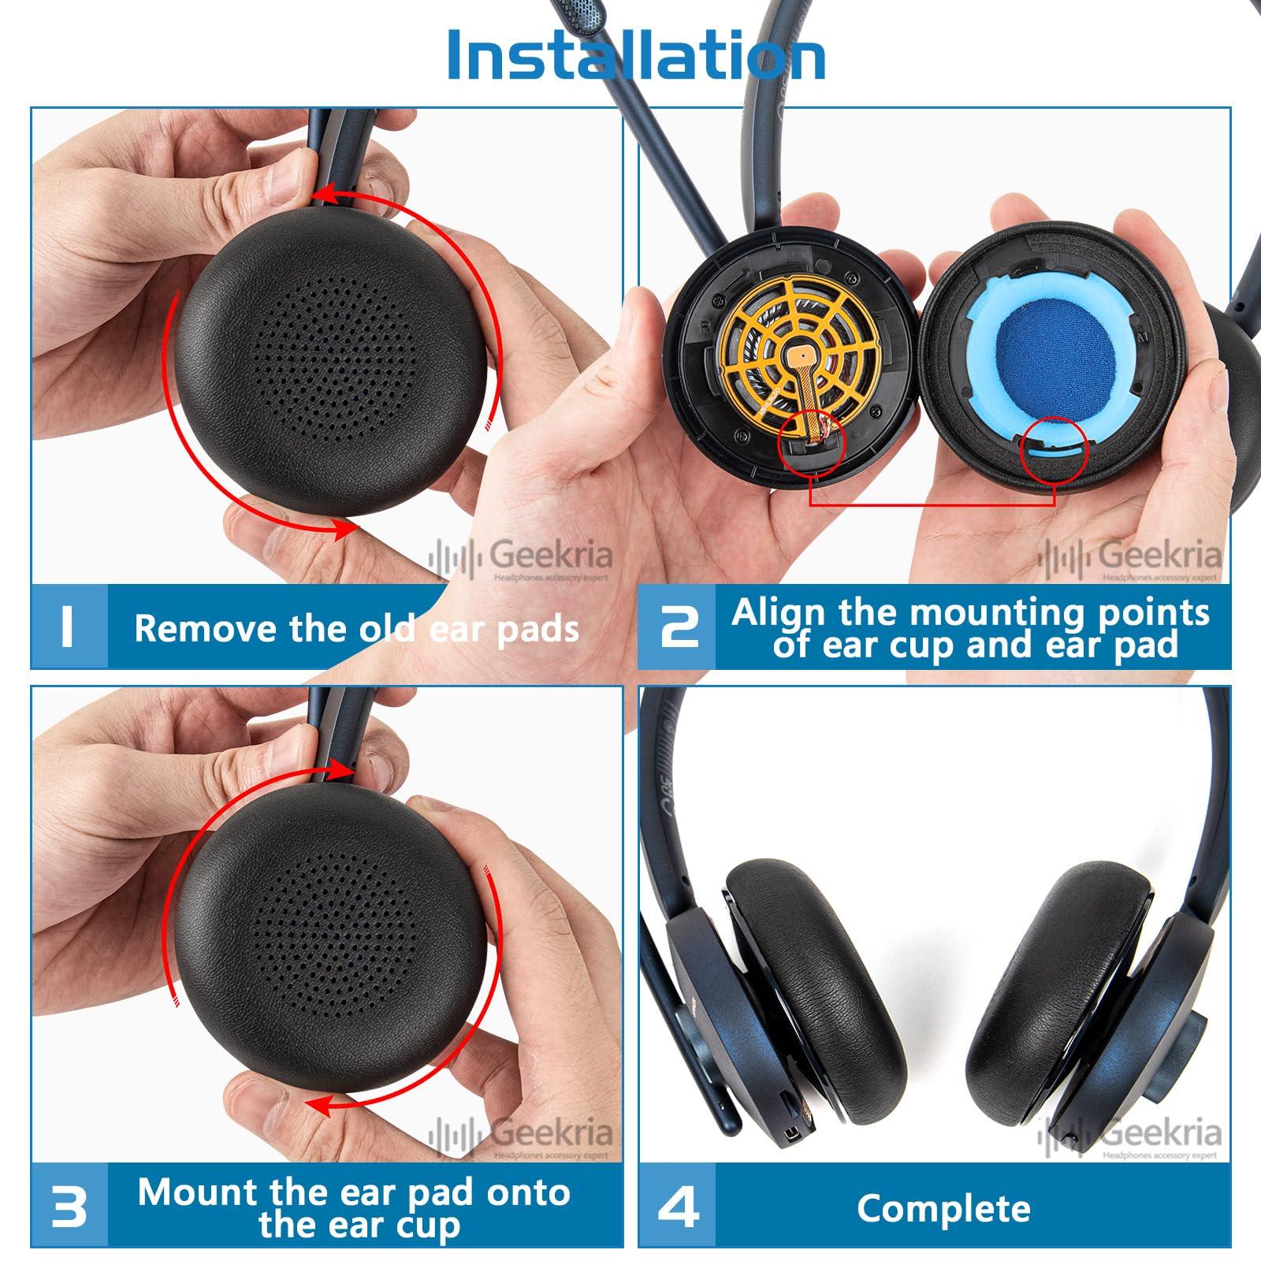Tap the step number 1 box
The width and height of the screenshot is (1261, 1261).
tap(68, 627)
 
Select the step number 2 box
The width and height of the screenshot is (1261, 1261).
tap(678, 628)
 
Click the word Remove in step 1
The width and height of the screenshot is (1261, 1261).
tap(186, 629)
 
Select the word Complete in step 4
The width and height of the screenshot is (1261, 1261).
tap(943, 1207)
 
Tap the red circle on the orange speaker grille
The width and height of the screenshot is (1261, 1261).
tap(811, 444)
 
